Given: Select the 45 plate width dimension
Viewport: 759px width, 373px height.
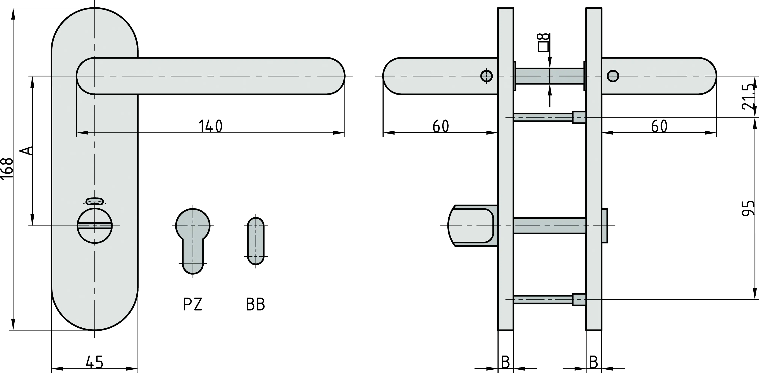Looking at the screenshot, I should coord(94,362).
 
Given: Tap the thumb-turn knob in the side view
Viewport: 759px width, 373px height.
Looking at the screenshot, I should coord(471,226).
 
